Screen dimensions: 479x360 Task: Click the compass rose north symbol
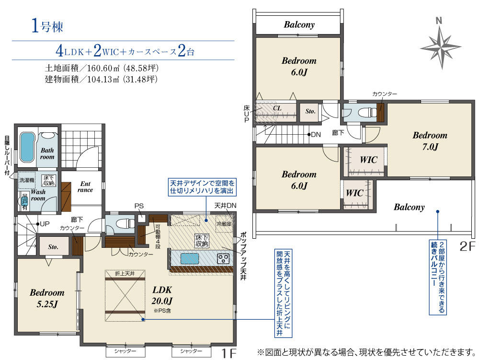click(x=441, y=46)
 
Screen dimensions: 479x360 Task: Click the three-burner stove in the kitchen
click(x=223, y=259)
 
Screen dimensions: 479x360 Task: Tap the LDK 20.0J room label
click(x=162, y=295)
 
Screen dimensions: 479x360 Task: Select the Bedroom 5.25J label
click(x=47, y=298)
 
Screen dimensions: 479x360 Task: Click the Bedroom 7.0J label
click(x=430, y=141)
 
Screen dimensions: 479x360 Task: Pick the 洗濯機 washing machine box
click(x=27, y=180)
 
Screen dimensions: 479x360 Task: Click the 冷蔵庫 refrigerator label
click(x=224, y=224)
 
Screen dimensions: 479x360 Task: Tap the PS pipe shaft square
click(x=141, y=218)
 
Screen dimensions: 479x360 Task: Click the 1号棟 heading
click(x=47, y=26)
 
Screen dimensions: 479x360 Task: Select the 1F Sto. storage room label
click(x=53, y=246)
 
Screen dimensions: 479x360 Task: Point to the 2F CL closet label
click(x=277, y=108)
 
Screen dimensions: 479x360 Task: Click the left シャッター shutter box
click(x=125, y=351)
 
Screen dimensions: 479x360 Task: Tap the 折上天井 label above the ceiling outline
click(x=125, y=274)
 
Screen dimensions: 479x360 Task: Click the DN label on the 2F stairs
click(x=316, y=135)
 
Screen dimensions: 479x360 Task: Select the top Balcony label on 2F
click(x=299, y=24)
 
